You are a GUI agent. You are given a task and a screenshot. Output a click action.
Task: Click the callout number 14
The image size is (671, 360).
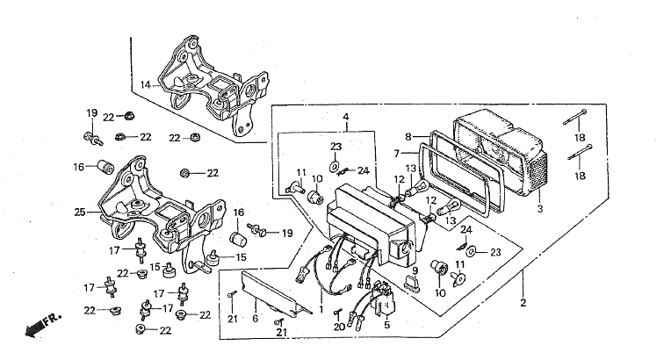146,85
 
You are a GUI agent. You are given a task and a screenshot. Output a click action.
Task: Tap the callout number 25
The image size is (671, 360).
80,212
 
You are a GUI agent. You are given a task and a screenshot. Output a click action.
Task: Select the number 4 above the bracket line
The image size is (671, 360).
346,117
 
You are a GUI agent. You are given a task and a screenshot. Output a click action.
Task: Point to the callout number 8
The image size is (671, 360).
408,137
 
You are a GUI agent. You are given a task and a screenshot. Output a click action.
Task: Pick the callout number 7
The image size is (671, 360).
397,153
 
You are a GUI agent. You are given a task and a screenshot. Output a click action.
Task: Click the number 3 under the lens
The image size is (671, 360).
539,209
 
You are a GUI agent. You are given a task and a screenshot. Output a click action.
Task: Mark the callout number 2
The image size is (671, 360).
523,303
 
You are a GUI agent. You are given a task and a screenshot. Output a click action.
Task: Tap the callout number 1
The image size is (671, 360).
321,309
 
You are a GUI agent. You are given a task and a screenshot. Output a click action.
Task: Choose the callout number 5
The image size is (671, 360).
386,325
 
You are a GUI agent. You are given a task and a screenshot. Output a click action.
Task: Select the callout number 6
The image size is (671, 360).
255,319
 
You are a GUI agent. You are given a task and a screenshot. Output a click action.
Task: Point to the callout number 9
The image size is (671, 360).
415,270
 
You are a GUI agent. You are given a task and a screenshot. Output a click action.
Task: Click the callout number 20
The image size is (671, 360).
339,328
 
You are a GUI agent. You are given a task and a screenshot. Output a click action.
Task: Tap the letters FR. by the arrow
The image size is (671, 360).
52,319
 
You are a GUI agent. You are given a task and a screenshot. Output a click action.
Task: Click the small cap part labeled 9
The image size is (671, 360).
413,284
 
